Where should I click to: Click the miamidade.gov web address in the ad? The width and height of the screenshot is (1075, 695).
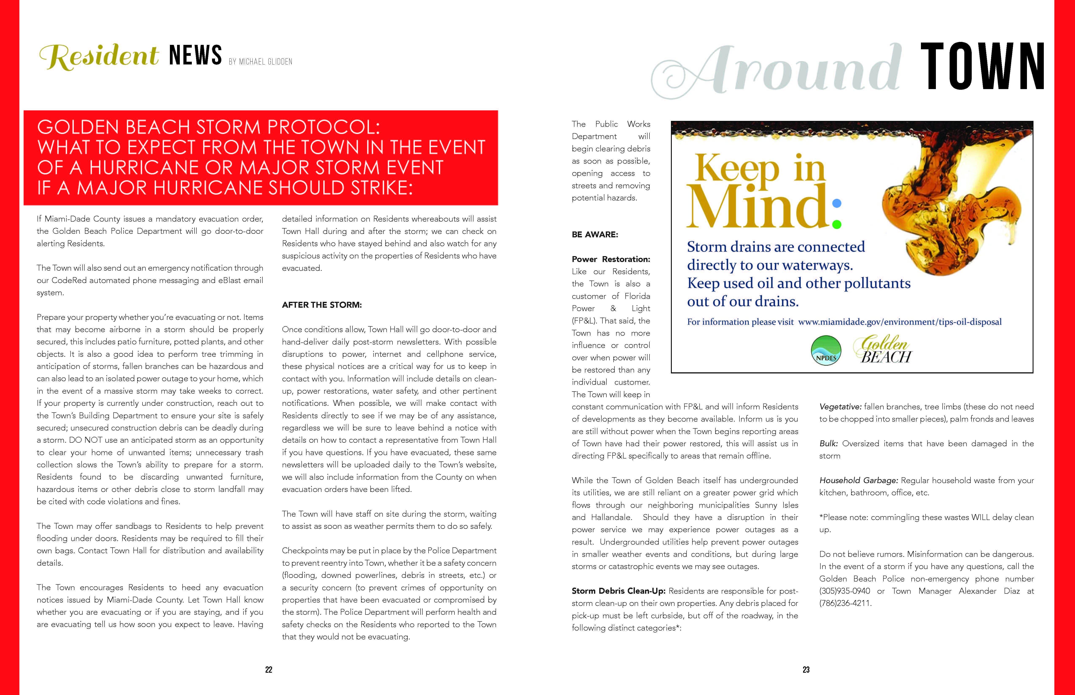point(900,322)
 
